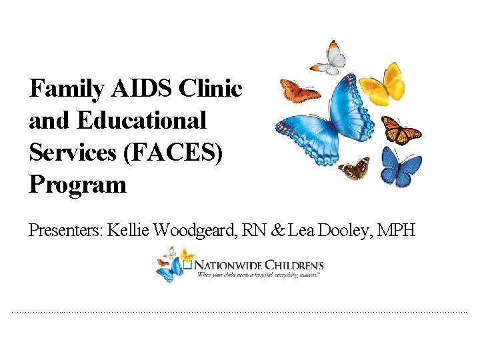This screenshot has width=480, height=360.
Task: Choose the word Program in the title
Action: pos(77,185)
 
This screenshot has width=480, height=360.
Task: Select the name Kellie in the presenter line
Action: pos(129,231)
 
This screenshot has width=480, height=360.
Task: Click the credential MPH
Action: pos(397,231)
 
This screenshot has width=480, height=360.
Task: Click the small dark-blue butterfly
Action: pos(400,166)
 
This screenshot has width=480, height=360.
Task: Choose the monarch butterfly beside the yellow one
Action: pos(400,129)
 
